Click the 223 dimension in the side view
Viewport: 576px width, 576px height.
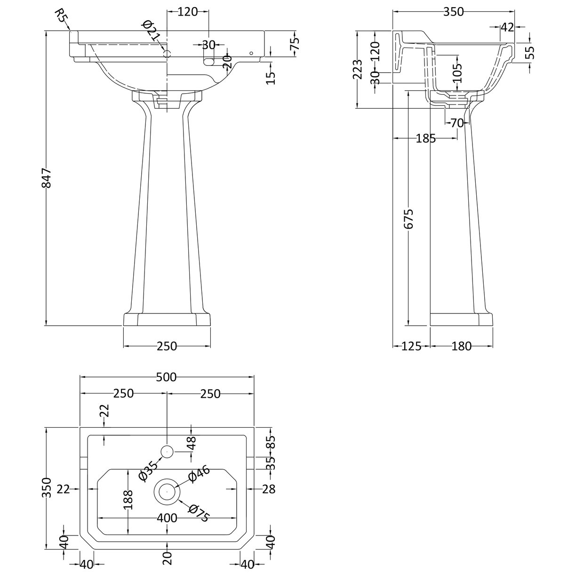pyautogui.click(x=359, y=69)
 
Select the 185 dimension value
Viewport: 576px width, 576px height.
pyautogui.click(x=425, y=138)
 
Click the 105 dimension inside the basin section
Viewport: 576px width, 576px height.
pyautogui.click(x=458, y=73)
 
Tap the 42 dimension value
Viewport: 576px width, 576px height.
pyautogui.click(x=506, y=27)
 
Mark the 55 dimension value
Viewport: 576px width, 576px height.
pyautogui.click(x=530, y=52)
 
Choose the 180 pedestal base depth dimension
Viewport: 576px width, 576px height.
pyautogui.click(x=461, y=346)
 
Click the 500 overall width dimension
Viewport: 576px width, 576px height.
pyautogui.click(x=166, y=377)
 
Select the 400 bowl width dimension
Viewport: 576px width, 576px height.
pyautogui.click(x=167, y=518)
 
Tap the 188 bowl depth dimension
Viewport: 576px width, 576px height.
pyautogui.click(x=129, y=500)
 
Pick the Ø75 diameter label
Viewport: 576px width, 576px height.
pyautogui.click(x=198, y=512)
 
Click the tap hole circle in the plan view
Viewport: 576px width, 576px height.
pyautogui.click(x=167, y=452)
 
